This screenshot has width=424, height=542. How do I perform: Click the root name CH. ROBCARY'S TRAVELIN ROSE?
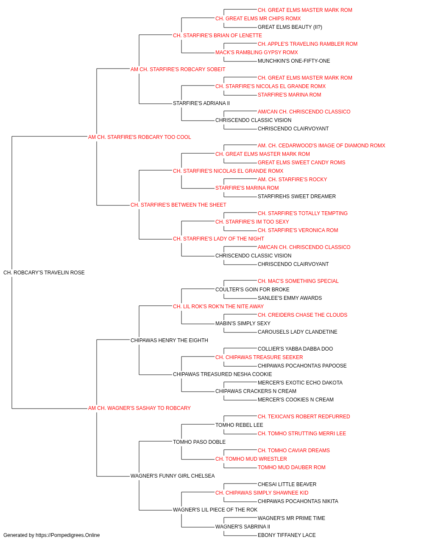pyautogui.click(x=44, y=273)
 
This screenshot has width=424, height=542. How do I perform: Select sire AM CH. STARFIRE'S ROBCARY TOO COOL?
pyautogui.click(x=139, y=137)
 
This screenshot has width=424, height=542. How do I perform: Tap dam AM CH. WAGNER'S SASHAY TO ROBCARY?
pyautogui.click(x=139, y=408)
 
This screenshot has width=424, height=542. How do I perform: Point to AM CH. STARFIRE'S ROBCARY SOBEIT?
pyautogui.click(x=178, y=69)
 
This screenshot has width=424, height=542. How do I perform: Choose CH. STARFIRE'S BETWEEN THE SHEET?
pyautogui.click(x=178, y=205)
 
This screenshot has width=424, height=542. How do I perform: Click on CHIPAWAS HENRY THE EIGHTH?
pyautogui.click(x=169, y=340)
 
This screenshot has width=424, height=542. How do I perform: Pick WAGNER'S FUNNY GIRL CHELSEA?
pyautogui.click(x=173, y=476)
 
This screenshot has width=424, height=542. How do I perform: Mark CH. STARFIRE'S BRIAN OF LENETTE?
pyautogui.click(x=217, y=36)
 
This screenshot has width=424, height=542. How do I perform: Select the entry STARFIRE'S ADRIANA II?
pyautogui.click(x=201, y=103)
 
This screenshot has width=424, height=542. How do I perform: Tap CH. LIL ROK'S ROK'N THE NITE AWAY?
pyautogui.click(x=218, y=307)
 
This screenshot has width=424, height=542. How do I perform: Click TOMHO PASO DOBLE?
pyautogui.click(x=199, y=442)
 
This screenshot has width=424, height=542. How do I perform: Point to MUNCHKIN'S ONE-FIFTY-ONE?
pyautogui.click(x=294, y=61)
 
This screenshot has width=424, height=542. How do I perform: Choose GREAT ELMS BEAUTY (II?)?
pyautogui.click(x=290, y=27)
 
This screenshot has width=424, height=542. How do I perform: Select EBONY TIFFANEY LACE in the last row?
pyautogui.click(x=287, y=535)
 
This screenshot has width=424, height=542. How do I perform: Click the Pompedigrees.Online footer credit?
pyautogui.click(x=51, y=535)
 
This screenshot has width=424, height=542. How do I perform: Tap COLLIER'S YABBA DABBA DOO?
pyautogui.click(x=295, y=348)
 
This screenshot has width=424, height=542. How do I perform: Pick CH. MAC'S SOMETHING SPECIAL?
pyautogui.click(x=298, y=281)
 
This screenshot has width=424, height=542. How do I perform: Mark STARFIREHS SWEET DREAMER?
pyautogui.click(x=297, y=196)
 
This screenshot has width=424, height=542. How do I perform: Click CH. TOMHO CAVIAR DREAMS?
pyautogui.click(x=294, y=451)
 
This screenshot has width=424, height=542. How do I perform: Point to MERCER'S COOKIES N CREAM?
pyautogui.click(x=296, y=400)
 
